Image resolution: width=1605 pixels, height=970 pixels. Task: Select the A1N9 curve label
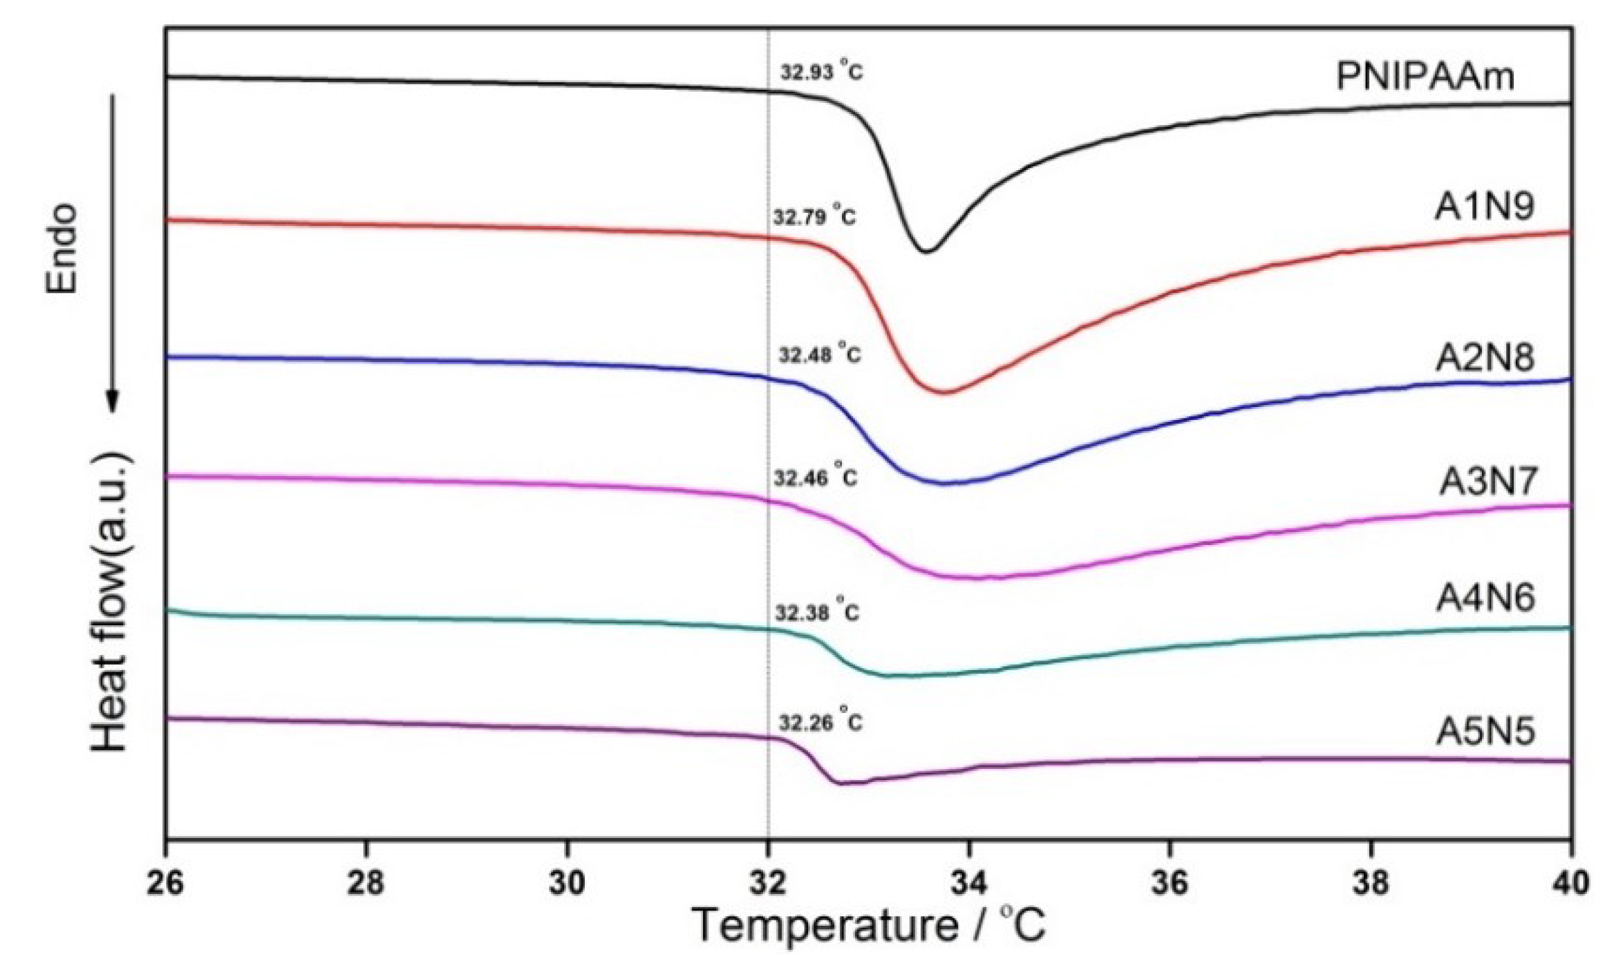(1484, 207)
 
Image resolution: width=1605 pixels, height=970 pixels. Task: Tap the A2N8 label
(1484, 358)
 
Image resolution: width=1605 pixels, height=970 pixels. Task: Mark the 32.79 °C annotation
(814, 217)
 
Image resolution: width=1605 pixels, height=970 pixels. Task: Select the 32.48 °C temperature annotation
(820, 354)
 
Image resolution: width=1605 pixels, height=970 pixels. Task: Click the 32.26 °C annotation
(820, 722)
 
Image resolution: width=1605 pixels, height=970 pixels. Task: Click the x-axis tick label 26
(166, 884)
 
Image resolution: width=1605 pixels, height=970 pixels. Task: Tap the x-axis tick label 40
(1571, 884)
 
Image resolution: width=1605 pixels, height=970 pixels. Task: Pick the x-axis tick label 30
(567, 884)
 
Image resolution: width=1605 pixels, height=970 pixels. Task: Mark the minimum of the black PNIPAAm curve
(926, 251)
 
